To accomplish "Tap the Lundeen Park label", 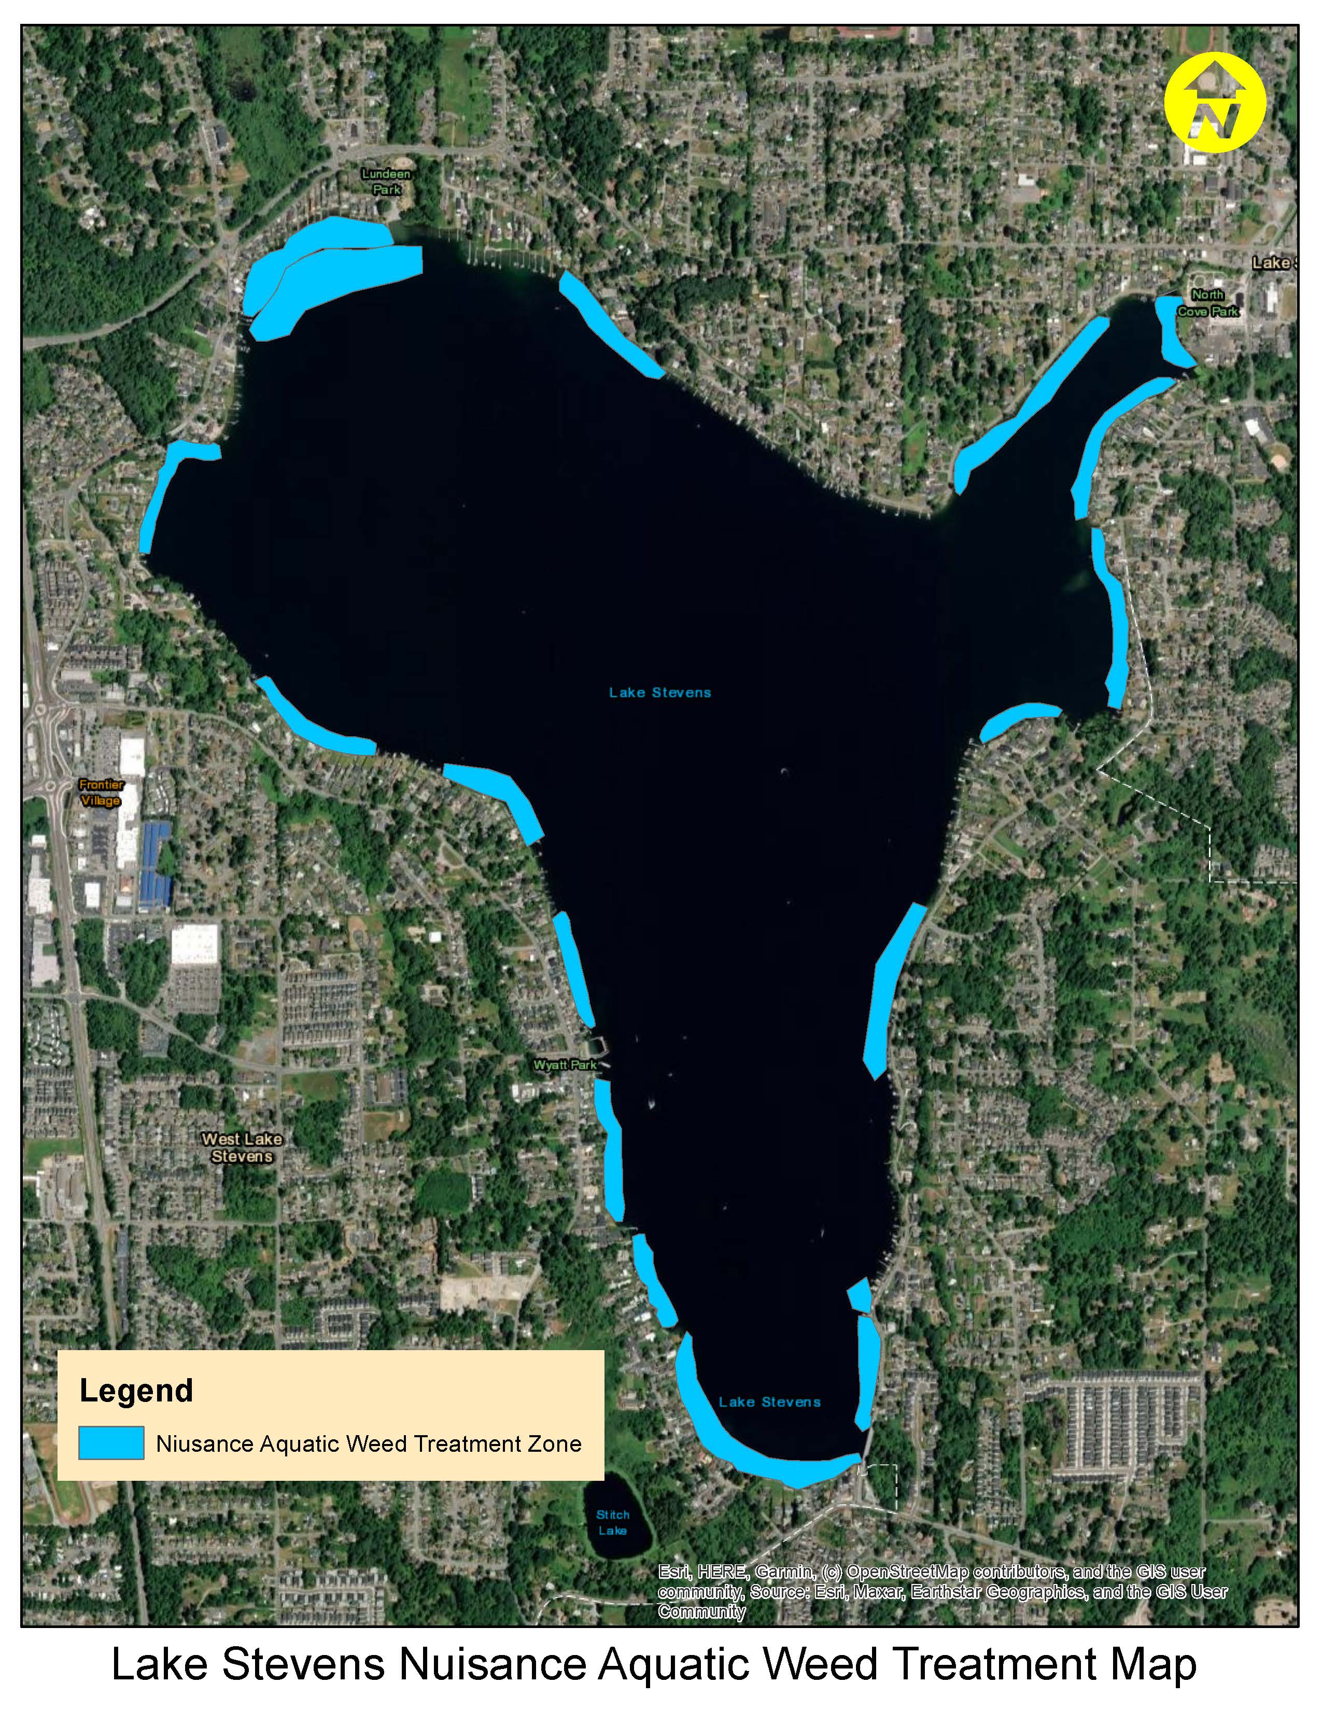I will point(386,181).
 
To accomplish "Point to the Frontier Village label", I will point(101,792).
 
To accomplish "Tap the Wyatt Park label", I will point(565,1064).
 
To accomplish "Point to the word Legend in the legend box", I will point(136,1390).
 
